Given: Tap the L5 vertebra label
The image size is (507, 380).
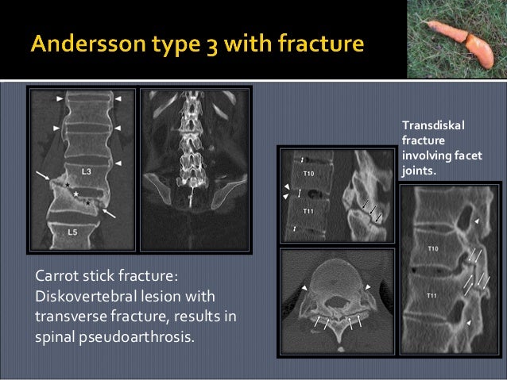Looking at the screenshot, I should [x=72, y=232].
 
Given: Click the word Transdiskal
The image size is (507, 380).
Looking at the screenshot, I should [x=433, y=125].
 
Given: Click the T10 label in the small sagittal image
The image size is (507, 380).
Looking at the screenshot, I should [x=308, y=173].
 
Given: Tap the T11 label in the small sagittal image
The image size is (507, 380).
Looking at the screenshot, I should [x=308, y=211].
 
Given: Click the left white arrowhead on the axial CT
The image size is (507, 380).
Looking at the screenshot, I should [x=304, y=286].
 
